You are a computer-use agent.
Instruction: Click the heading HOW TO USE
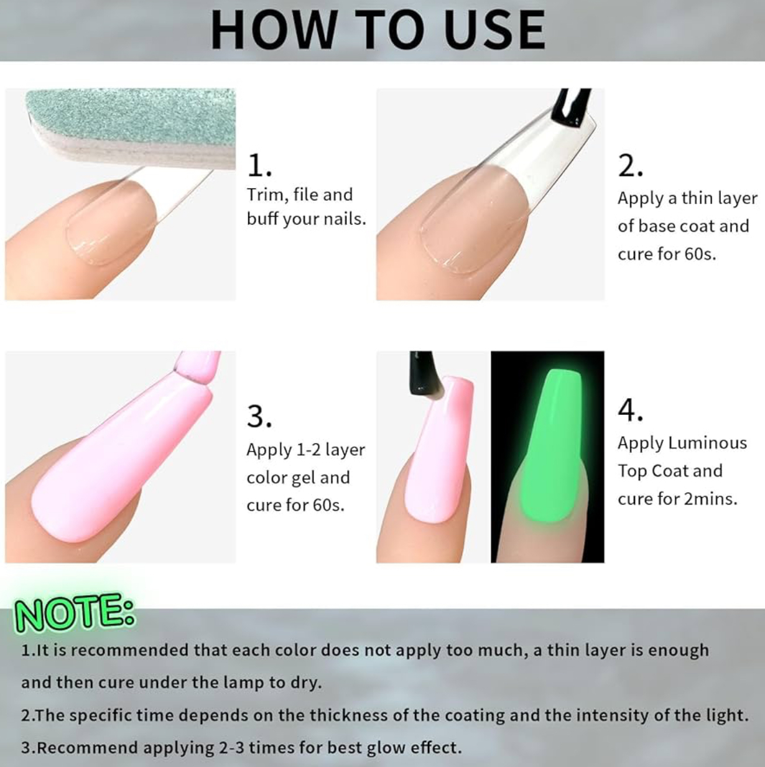click(378, 30)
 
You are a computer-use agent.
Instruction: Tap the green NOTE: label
click(75, 613)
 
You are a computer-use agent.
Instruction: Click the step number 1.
click(259, 165)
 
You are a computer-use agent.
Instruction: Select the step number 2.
click(630, 165)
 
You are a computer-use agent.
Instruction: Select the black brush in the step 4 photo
click(424, 373)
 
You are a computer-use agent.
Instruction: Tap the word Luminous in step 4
click(707, 443)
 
